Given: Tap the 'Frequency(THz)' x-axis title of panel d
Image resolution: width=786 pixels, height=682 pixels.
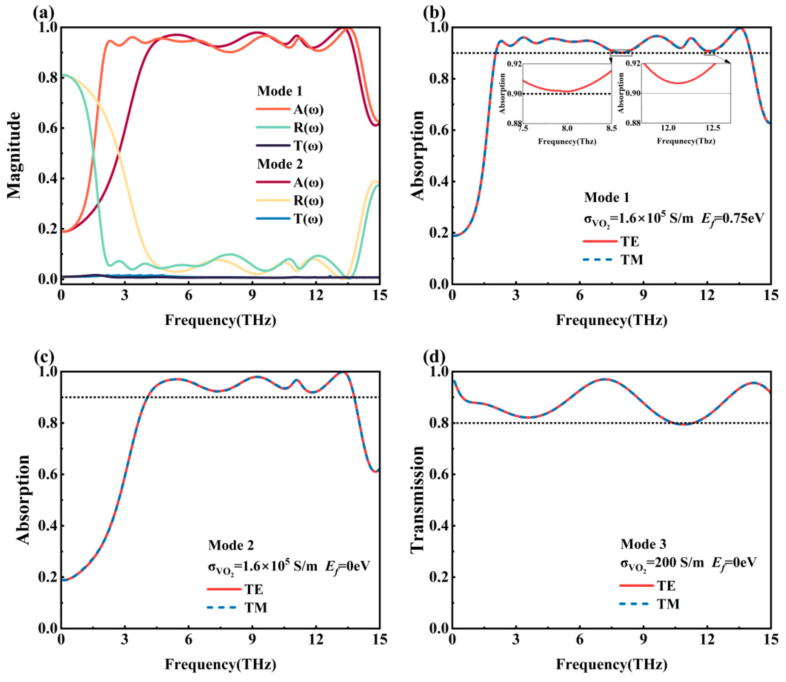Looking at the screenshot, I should coord(612,665).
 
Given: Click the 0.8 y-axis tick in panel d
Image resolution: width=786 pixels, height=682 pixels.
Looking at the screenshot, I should coord(438,423).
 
